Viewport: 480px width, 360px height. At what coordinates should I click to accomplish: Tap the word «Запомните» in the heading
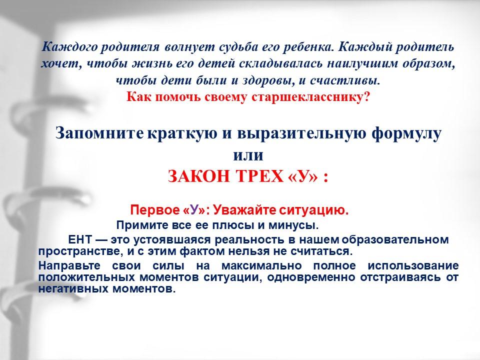coord(99,134)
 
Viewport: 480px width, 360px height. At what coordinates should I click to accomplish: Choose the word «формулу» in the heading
coord(406,134)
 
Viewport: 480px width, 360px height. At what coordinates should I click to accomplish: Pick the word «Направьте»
coord(69,265)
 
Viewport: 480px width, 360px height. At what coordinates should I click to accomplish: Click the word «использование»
coord(413,265)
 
